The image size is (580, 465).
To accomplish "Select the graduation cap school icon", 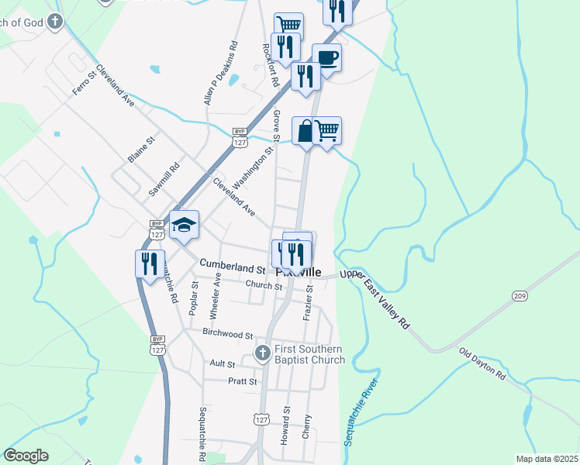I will tap(185, 225).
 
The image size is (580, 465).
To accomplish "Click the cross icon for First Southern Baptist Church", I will tap(263, 353).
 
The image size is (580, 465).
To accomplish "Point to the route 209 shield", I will tap(519, 296).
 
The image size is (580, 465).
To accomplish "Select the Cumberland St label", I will tap(233, 267).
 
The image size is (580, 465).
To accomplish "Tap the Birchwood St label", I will tap(228, 335).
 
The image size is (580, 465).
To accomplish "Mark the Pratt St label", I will tap(242, 381).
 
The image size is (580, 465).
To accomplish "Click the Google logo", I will tap(26, 456).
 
